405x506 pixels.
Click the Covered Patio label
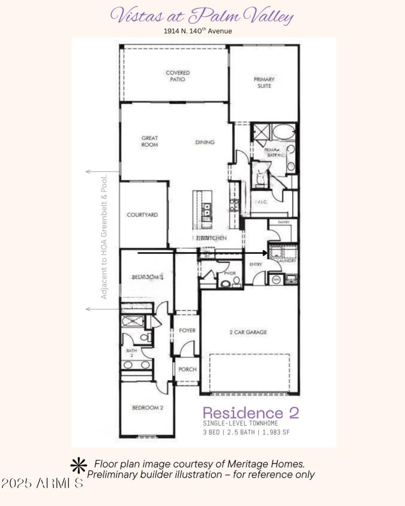[x=178, y=76]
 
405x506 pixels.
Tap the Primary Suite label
[x=264, y=82]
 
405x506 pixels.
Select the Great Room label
[x=150, y=141]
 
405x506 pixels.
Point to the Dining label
[x=205, y=142]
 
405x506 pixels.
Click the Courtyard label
[x=142, y=215]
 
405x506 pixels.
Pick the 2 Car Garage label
[x=248, y=332]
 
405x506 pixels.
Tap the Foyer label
[x=187, y=330]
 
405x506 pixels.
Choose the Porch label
[x=187, y=369]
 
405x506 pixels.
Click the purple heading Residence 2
[x=251, y=412]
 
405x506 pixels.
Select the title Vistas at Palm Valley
[x=202, y=16]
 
